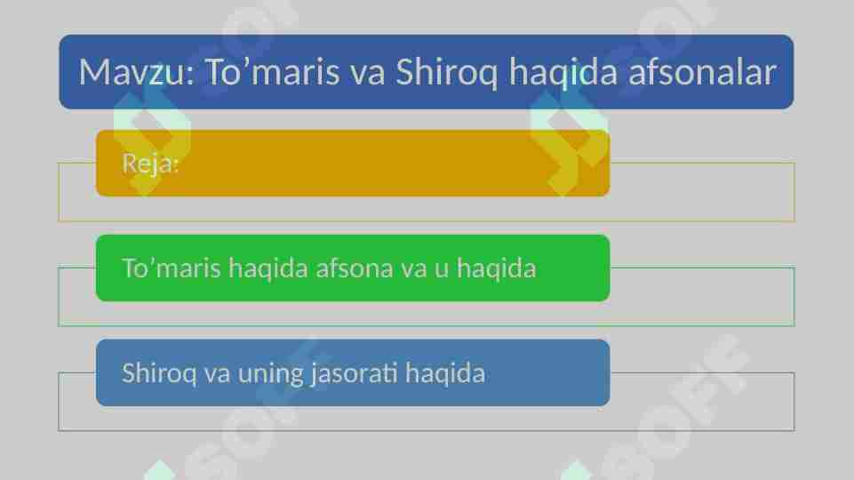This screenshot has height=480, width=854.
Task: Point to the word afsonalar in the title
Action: click(702, 73)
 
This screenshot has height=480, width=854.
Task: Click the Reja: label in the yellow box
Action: click(150, 164)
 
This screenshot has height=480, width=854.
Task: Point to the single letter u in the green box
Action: click(441, 268)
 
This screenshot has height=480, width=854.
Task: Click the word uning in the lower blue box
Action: click(270, 373)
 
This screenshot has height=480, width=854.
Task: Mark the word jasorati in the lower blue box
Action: click(354, 372)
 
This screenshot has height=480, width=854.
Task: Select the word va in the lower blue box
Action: click(217, 373)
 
